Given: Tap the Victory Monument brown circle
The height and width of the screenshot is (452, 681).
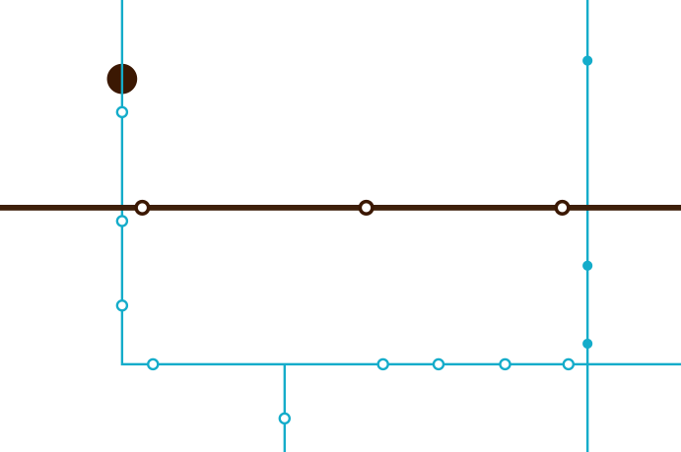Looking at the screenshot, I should coord(122,78).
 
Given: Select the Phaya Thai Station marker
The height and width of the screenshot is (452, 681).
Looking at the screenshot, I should coord(143,208).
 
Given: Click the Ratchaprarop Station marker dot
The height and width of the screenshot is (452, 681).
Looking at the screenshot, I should coord(367,208).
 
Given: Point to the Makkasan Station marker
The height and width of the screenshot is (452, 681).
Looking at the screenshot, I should coord(562,208).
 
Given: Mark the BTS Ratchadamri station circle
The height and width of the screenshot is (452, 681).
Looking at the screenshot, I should coord(284,419).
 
